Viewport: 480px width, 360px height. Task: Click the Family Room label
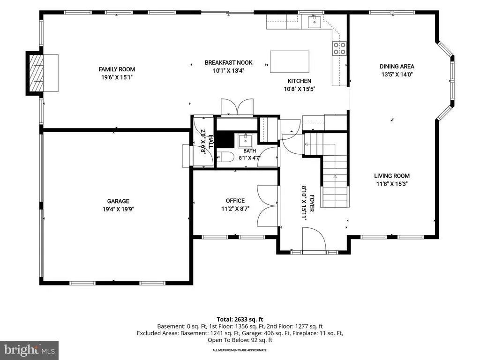117,69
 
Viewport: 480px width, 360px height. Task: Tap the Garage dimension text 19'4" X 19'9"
118,210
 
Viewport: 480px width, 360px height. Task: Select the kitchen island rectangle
290,61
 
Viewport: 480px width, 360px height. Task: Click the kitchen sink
315,22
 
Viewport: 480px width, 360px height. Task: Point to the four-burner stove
339,48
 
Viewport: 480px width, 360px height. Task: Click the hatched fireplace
34,73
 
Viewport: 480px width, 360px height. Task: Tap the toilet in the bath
225,157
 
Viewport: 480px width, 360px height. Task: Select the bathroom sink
245,141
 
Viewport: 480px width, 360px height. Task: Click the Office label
235,201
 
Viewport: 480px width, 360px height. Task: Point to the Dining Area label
397,67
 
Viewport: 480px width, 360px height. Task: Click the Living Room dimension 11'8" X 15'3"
392,184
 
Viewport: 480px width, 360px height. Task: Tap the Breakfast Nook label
229,63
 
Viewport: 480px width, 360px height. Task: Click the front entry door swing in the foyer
314,240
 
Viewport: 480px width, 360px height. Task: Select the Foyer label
312,203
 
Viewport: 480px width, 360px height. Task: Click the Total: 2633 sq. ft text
240,320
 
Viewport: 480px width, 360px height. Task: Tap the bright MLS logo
30,350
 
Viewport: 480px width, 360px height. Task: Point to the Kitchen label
300,81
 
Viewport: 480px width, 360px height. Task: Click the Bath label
249,151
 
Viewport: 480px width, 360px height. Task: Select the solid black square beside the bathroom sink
225,140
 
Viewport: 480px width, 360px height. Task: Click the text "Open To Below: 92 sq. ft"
240,340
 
